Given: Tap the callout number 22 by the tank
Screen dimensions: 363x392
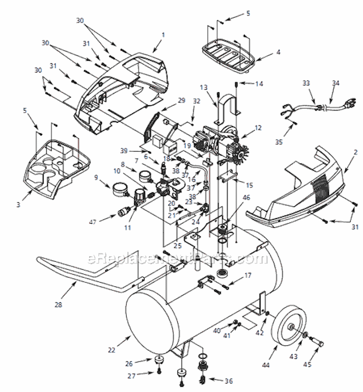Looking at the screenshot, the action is [x=112, y=350].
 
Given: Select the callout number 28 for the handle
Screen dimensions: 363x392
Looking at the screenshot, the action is [x=59, y=305].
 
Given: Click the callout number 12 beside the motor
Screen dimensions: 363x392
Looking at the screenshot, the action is [x=258, y=128].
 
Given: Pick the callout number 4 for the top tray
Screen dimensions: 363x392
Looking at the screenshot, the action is [x=278, y=52].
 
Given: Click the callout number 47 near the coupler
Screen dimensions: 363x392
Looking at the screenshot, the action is [x=92, y=222].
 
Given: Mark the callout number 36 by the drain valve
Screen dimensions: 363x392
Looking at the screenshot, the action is [x=229, y=381].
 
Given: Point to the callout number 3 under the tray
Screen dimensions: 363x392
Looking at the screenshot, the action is [x=18, y=205].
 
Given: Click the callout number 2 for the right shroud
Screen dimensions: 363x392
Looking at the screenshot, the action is [x=356, y=152].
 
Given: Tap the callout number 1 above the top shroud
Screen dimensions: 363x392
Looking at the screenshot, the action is [x=163, y=35].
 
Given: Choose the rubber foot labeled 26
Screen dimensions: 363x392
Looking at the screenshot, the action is [x=158, y=360].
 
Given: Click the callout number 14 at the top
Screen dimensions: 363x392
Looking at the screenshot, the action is [x=259, y=84].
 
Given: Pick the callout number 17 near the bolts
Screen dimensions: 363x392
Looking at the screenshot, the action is [x=248, y=275].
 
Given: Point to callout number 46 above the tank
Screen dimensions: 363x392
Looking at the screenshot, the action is [x=246, y=198].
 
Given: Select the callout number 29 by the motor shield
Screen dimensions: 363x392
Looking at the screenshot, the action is [x=181, y=100].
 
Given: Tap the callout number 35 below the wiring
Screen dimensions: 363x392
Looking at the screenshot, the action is [x=279, y=142].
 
